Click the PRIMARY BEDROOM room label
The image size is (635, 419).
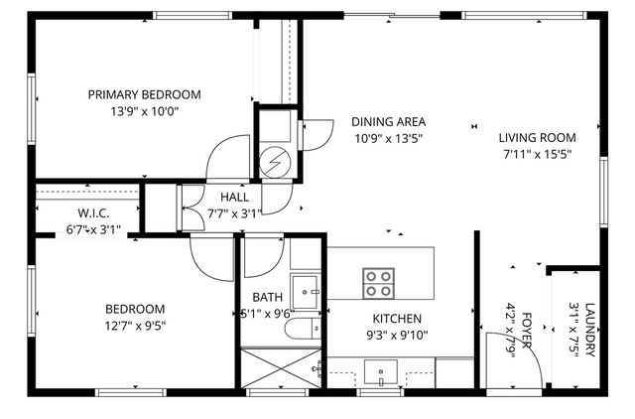pos(144,95)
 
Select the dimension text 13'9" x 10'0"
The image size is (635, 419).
pos(144,112)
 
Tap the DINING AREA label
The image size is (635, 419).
pos(388,121)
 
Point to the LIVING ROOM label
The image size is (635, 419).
pos(537,137)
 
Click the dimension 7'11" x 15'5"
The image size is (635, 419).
pos(537,154)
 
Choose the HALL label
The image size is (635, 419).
pos(220,197)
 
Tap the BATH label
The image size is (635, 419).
pos(267,297)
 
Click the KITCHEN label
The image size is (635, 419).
pos(397,318)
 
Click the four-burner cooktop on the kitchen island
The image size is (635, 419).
pos(377,283)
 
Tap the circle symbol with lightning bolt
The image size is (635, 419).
pos(275,162)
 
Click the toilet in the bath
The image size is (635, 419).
pos(301,329)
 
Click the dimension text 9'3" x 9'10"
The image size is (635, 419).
pos(397,336)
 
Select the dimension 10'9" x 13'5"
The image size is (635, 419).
pos(388,138)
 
